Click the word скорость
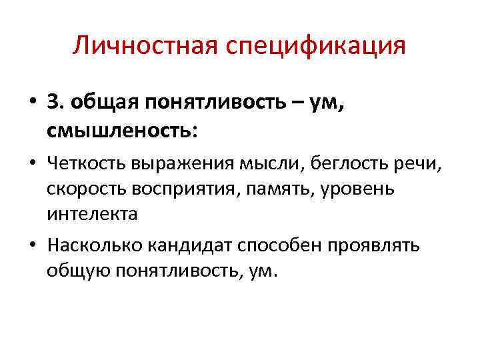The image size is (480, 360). (81, 189)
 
